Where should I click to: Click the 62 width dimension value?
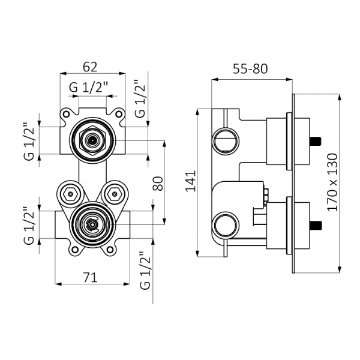(92, 65)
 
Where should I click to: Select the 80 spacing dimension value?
(158, 183)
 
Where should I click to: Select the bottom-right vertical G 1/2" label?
(144, 271)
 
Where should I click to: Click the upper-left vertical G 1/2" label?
(27, 142)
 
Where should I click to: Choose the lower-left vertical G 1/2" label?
(27, 227)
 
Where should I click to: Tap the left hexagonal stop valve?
(70, 193)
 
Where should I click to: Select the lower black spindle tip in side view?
(316, 226)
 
